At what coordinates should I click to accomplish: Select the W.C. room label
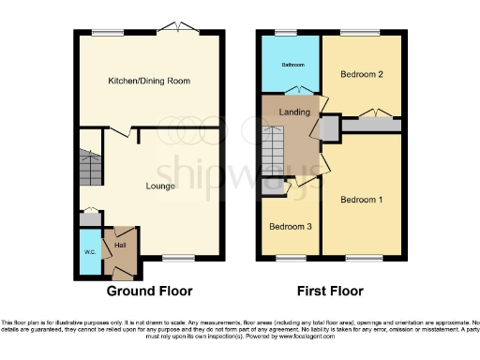[89, 251]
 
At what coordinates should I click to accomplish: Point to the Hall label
[121, 246]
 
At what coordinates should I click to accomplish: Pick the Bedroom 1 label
[361, 200]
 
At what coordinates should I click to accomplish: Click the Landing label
[295, 112]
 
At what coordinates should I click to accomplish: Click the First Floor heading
[330, 292]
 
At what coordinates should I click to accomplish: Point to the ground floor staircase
[89, 169]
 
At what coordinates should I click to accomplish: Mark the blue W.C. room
[89, 251]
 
